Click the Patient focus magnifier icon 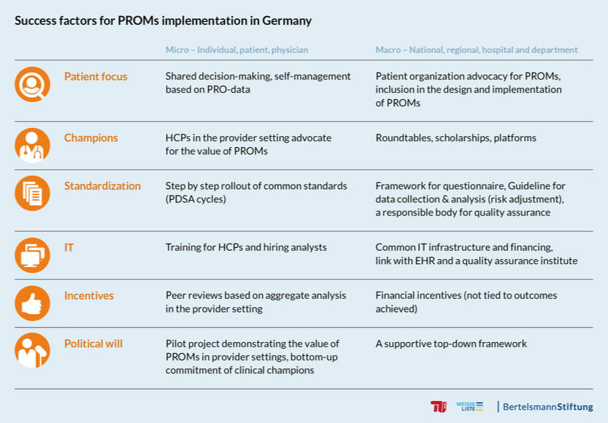click(x=32, y=85)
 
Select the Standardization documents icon click(x=32, y=193)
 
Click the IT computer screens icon click(x=32, y=255)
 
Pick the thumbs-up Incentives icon click(x=32, y=303)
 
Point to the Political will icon click(x=32, y=351)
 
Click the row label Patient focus click(x=96, y=77)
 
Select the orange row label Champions click(x=90, y=138)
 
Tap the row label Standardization click(x=102, y=185)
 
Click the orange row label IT click(x=69, y=247)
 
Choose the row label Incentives click(x=89, y=295)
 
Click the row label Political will click(x=93, y=344)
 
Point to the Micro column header click(x=236, y=50)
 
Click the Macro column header click(x=476, y=50)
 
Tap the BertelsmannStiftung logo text click(x=547, y=407)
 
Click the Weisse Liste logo click(x=469, y=406)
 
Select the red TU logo click(x=438, y=407)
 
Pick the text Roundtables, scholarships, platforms click(x=456, y=138)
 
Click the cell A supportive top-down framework click(x=451, y=344)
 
